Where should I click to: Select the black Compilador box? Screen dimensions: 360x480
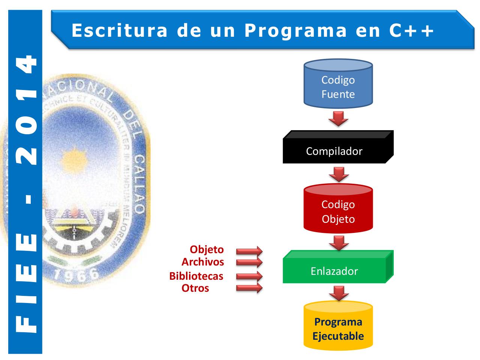click(334, 151)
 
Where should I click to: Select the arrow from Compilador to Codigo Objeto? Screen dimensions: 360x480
click(339, 173)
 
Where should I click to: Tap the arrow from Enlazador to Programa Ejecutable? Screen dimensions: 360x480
click(339, 293)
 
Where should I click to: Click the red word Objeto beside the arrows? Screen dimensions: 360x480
click(207, 250)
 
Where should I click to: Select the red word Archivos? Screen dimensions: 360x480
click(202, 261)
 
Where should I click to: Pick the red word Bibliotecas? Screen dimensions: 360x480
click(196, 276)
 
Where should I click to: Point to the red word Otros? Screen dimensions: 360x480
click(195, 288)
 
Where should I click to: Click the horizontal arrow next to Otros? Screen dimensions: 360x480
click(249, 288)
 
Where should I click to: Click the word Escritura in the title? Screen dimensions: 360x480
click(120, 30)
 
